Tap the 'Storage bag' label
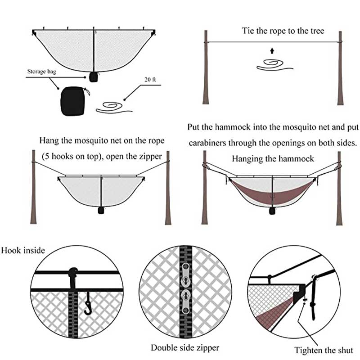point(43,72)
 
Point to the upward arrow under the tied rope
point(272,50)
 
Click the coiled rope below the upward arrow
point(274,65)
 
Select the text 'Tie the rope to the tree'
point(283,31)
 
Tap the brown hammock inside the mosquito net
point(273,191)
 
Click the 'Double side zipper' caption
point(185,347)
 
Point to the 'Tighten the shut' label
point(324,350)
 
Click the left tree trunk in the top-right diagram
point(206,67)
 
